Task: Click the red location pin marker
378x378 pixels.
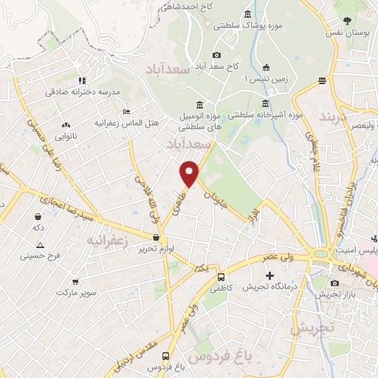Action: pyautogui.click(x=190, y=173)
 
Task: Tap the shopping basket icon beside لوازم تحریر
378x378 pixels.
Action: pyautogui.click(x=156, y=238)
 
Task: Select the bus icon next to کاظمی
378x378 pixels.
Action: pyautogui.click(x=221, y=276)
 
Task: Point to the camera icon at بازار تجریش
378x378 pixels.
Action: pyautogui.click(x=334, y=283)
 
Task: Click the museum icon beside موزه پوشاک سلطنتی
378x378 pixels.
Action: pyautogui.click(x=247, y=14)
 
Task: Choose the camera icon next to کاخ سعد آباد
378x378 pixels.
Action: pyautogui.click(x=216, y=55)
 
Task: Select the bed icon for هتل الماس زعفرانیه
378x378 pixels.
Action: pyautogui.click(x=127, y=111)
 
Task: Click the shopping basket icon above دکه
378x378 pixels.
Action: pyautogui.click(x=38, y=216)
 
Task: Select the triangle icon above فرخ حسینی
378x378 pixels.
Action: pyautogui.click(x=40, y=245)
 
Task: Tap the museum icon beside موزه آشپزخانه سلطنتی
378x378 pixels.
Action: pyautogui.click(x=265, y=104)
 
